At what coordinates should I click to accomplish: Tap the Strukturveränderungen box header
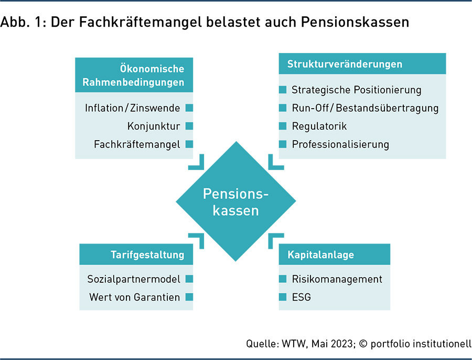pyautogui.click(x=362, y=64)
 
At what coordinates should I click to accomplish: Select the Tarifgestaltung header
pyautogui.click(x=136, y=255)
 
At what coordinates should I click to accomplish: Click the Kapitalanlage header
pyautogui.click(x=335, y=255)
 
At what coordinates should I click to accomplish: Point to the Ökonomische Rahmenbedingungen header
pyautogui.click(x=134, y=75)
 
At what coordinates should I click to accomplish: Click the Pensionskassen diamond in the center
pyautogui.click(x=235, y=201)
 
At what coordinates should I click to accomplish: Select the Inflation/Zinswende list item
pyautogui.click(x=133, y=108)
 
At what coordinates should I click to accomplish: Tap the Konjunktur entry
pyautogui.click(x=154, y=126)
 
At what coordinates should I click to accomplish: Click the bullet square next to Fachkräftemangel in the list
pyautogui.click(x=189, y=144)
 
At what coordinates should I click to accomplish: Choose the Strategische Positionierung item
pyautogui.click(x=357, y=90)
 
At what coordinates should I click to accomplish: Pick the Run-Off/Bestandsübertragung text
pyautogui.click(x=365, y=108)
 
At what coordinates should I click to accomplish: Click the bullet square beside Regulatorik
pyautogui.click(x=283, y=126)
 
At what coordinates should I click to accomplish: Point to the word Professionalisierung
pyautogui.click(x=340, y=145)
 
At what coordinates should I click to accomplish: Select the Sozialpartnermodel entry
pyautogui.click(x=134, y=279)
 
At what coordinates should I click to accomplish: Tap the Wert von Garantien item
pyautogui.click(x=135, y=298)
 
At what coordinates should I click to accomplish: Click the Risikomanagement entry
pyautogui.click(x=337, y=279)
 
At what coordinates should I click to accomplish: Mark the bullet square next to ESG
pyautogui.click(x=283, y=297)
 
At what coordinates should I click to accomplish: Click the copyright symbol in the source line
pyautogui.click(x=363, y=344)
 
